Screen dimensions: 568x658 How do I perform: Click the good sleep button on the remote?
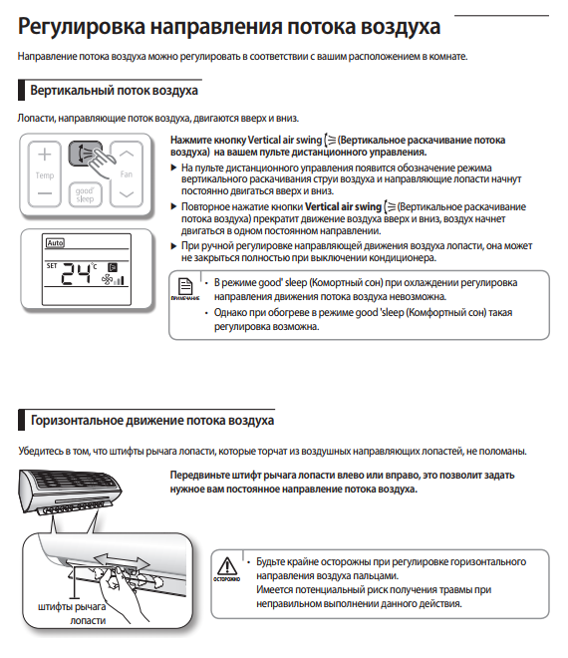(x=85, y=194)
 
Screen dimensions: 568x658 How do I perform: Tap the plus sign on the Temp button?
(x=45, y=155)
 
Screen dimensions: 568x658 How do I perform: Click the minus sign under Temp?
(x=45, y=193)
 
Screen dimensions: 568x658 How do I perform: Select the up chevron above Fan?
(x=127, y=154)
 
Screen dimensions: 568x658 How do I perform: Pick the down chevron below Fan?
(x=127, y=194)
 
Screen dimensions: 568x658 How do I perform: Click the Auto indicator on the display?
(x=55, y=242)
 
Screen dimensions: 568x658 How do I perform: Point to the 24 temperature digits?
(x=77, y=274)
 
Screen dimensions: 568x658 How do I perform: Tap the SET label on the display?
(x=52, y=265)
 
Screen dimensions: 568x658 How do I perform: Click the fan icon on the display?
(x=108, y=279)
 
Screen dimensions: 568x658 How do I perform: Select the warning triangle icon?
(x=227, y=565)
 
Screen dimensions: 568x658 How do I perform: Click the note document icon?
(x=185, y=286)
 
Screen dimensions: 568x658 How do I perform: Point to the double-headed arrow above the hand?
(x=122, y=561)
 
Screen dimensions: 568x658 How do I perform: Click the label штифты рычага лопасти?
(x=72, y=613)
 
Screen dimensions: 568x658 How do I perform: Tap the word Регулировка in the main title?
(x=82, y=27)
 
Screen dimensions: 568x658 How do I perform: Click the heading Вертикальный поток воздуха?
(x=114, y=91)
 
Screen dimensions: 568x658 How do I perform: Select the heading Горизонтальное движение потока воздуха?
(x=152, y=421)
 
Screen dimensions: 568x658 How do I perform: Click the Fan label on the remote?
(x=127, y=174)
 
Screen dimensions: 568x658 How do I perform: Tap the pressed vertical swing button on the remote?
(x=85, y=154)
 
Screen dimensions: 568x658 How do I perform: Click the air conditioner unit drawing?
(x=69, y=492)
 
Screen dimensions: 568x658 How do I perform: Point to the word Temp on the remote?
(x=45, y=175)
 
